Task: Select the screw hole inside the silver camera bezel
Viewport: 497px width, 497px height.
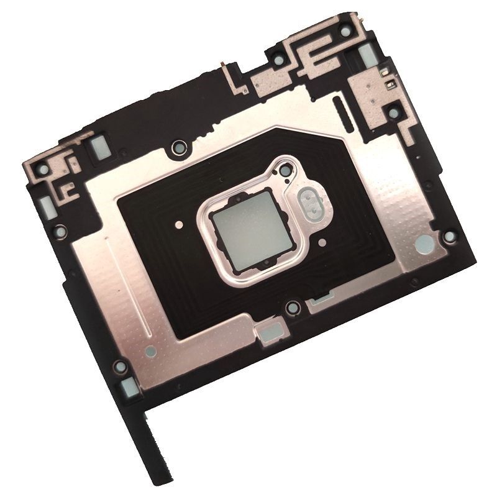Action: [285, 170]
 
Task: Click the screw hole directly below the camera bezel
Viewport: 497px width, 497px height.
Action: [292, 307]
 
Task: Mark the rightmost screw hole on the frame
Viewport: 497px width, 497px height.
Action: [450, 236]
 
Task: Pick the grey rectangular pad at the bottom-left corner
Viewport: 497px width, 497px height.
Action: [130, 388]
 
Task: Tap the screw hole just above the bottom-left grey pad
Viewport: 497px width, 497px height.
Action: [120, 367]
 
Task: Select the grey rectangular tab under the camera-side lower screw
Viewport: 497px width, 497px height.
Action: [268, 333]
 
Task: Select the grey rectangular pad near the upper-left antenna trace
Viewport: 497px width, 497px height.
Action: [98, 147]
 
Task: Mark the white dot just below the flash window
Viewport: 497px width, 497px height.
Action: [322, 238]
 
